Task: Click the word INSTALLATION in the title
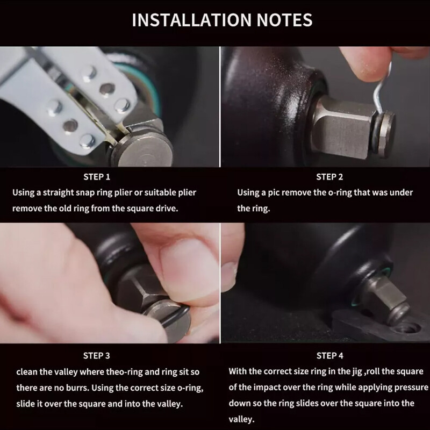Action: point(192,20)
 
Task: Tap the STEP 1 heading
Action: point(97,177)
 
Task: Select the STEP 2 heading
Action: point(329,177)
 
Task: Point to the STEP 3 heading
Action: point(97,356)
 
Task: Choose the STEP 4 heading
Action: point(329,356)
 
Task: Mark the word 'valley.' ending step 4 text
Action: point(241,419)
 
